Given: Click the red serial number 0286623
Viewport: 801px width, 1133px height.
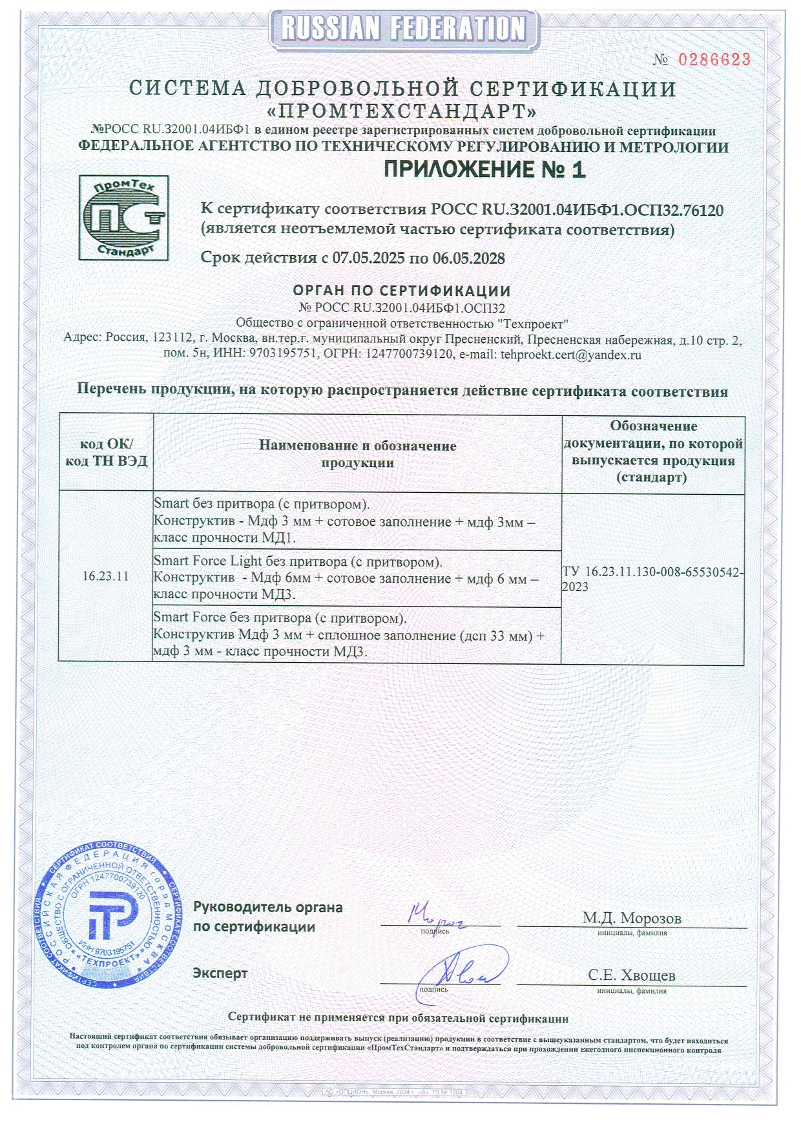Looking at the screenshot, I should click(x=714, y=60).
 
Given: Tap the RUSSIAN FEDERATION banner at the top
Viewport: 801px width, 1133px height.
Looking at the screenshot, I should click(x=404, y=28).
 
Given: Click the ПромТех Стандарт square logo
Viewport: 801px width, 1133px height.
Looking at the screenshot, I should click(x=123, y=218).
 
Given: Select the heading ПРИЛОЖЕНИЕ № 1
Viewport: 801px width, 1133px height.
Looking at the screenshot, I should click(x=484, y=170).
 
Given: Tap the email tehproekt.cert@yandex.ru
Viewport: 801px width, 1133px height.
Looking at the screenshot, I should click(x=570, y=355).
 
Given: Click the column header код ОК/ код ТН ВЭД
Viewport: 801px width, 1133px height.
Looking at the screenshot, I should click(x=106, y=452).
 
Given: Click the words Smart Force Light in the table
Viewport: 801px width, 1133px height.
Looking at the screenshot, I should click(x=208, y=561).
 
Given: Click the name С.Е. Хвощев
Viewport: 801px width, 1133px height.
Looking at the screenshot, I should click(x=631, y=975).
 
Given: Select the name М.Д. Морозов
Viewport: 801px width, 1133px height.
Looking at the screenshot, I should click(x=631, y=918).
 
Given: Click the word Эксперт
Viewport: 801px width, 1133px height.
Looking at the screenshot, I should click(x=220, y=973).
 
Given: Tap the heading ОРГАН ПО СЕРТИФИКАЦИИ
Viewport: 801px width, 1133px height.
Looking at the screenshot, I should click(x=402, y=291).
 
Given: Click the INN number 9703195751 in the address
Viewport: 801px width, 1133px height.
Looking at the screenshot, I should click(x=282, y=355).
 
